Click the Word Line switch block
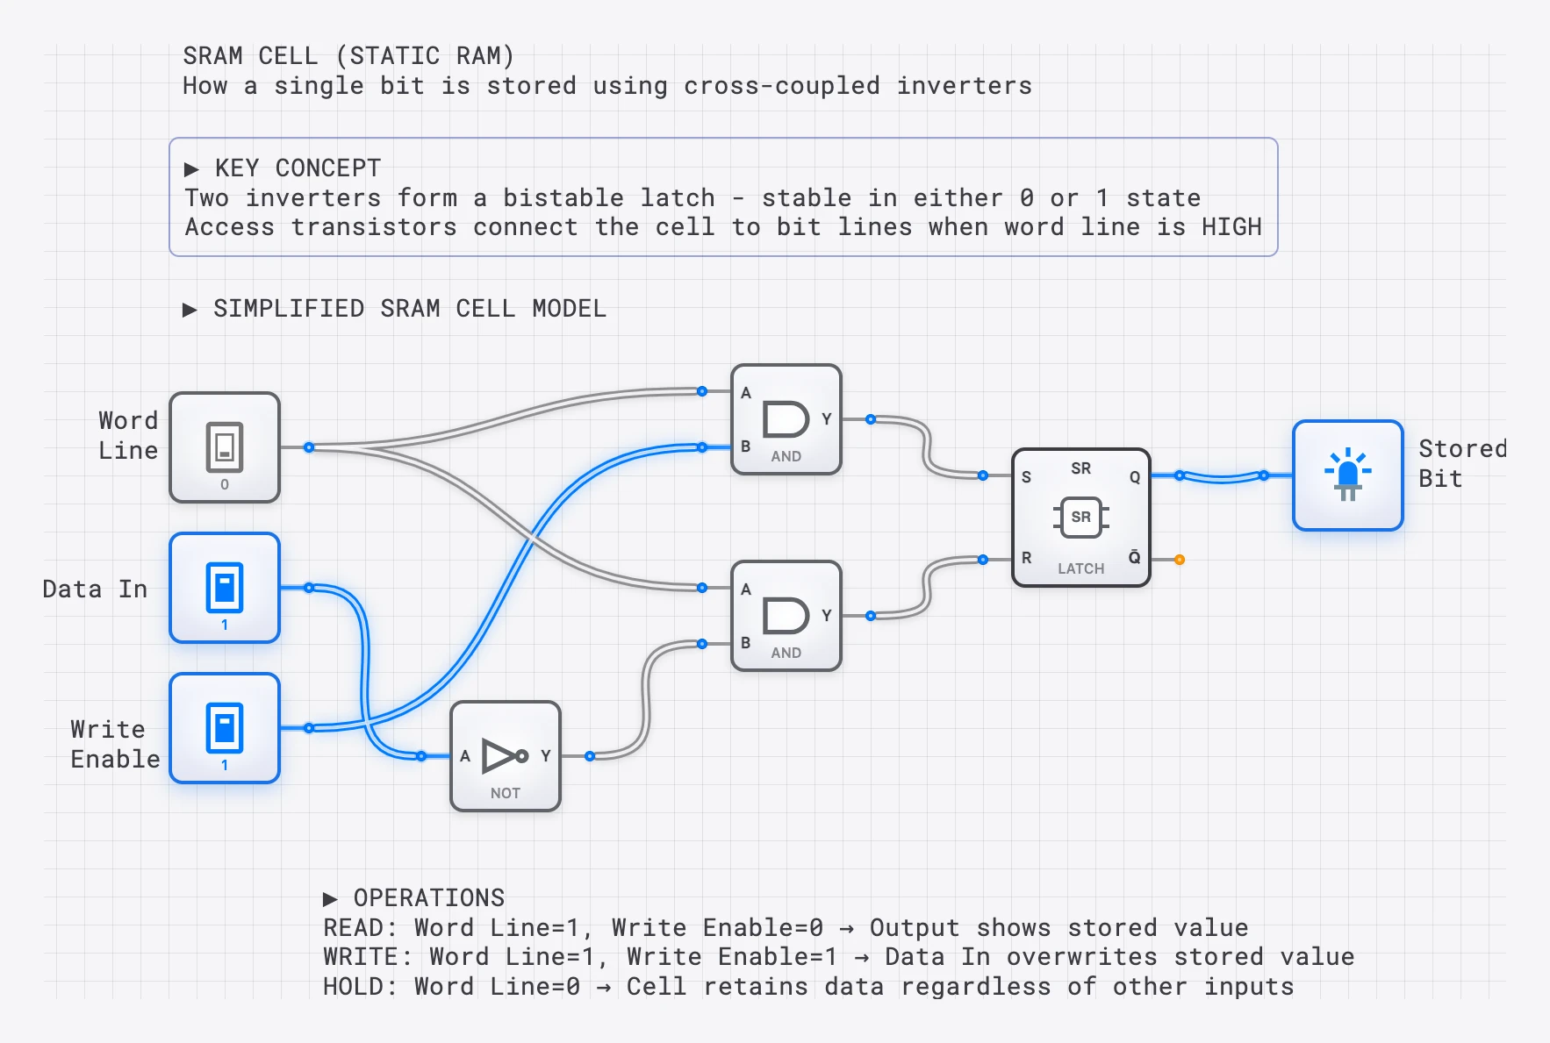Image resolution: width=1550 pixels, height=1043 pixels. (x=225, y=447)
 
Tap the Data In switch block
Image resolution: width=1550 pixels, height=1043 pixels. (x=225, y=588)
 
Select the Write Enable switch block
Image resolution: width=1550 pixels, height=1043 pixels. (x=225, y=728)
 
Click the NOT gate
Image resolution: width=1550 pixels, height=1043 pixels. (x=505, y=756)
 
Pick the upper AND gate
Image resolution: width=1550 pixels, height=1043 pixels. (x=786, y=419)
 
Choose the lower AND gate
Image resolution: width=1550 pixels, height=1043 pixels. (x=786, y=616)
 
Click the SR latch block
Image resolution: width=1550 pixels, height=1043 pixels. (x=1080, y=518)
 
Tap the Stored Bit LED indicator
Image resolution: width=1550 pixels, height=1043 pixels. (x=1347, y=475)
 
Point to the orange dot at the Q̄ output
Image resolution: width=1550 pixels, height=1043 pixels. (x=1180, y=560)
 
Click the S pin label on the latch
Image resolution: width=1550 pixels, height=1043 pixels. (x=1026, y=477)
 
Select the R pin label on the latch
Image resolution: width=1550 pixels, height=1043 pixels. (x=1026, y=558)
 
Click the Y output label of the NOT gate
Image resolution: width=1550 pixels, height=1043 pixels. (x=545, y=755)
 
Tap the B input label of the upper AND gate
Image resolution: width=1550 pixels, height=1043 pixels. (x=745, y=446)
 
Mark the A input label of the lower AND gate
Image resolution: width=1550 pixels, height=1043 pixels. (x=745, y=589)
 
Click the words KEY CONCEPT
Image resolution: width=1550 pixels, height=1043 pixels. (x=298, y=168)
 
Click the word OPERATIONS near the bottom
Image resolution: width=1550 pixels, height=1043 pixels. (x=428, y=897)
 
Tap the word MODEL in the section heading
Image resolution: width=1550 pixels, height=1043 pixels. (x=569, y=309)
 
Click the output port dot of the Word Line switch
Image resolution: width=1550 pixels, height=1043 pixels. (x=309, y=447)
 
